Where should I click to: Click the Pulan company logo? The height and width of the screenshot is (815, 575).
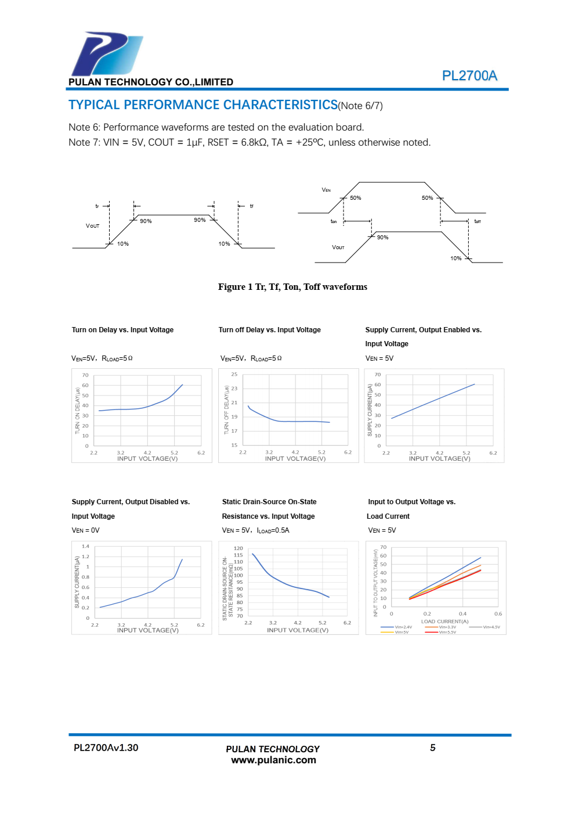pyautogui.click(x=106, y=54)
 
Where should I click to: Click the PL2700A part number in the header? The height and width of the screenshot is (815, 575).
pyautogui.click(x=469, y=76)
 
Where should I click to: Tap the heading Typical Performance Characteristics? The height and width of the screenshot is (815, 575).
pyautogui.click(x=203, y=105)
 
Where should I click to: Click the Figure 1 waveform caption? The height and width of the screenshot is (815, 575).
pyautogui.click(x=292, y=287)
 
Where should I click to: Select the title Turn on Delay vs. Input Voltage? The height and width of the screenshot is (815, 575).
pyautogui.click(x=122, y=330)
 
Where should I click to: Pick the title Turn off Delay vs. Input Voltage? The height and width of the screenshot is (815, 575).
pyautogui.click(x=269, y=330)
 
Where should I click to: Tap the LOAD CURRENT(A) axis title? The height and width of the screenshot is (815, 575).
pyautogui.click(x=444, y=622)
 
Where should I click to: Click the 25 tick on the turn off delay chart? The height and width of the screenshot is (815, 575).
pyautogui.click(x=234, y=375)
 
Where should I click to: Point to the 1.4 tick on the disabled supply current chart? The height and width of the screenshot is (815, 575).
pyautogui.click(x=86, y=547)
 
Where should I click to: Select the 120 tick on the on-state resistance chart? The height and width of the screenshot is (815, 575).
pyautogui.click(x=238, y=548)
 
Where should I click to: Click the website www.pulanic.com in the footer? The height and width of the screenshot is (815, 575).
pyautogui.click(x=273, y=760)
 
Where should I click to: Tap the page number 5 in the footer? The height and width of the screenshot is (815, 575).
pyautogui.click(x=433, y=748)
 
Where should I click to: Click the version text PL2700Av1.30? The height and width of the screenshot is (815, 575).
pyautogui.click(x=106, y=748)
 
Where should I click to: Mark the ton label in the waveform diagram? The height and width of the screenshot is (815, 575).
pyautogui.click(x=334, y=221)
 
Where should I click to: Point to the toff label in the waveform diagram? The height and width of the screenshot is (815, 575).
pyautogui.click(x=478, y=221)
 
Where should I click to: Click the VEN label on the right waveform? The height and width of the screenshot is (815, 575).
pyautogui.click(x=326, y=190)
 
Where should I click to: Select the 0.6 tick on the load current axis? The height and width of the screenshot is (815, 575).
pyautogui.click(x=498, y=614)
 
